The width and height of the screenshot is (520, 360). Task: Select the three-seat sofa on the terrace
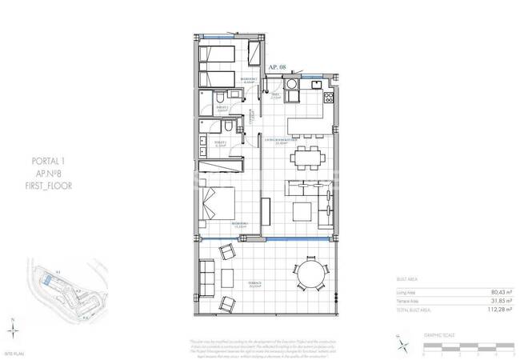click(x=207, y=278)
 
